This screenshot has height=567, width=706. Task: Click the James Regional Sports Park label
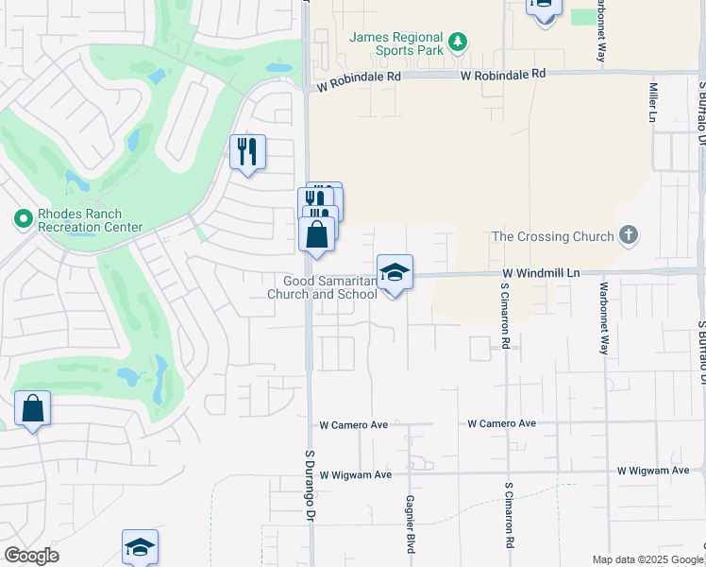pos(395,43)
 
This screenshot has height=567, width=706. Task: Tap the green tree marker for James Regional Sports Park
pos(458,42)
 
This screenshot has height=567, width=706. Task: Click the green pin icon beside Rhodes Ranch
pos(23,219)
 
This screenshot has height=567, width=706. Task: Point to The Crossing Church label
pos(556,235)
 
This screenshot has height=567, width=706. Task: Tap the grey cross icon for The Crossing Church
pos(630,235)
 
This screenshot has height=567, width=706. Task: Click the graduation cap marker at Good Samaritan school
pos(395,273)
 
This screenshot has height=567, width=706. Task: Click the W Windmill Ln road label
pos(540,272)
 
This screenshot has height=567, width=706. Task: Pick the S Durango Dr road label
pos(308,486)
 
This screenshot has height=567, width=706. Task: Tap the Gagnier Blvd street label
pos(411,524)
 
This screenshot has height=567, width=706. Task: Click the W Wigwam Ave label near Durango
pos(355,474)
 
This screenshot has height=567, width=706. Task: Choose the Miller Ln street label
pos(652,101)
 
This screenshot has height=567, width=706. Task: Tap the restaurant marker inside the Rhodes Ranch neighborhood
pos(247,151)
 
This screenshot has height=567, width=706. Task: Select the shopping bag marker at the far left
pos(32,409)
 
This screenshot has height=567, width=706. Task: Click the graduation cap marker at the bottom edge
pos(140,547)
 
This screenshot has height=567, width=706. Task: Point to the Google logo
pos(31,556)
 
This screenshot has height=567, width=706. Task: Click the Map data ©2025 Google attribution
pos(648,559)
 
